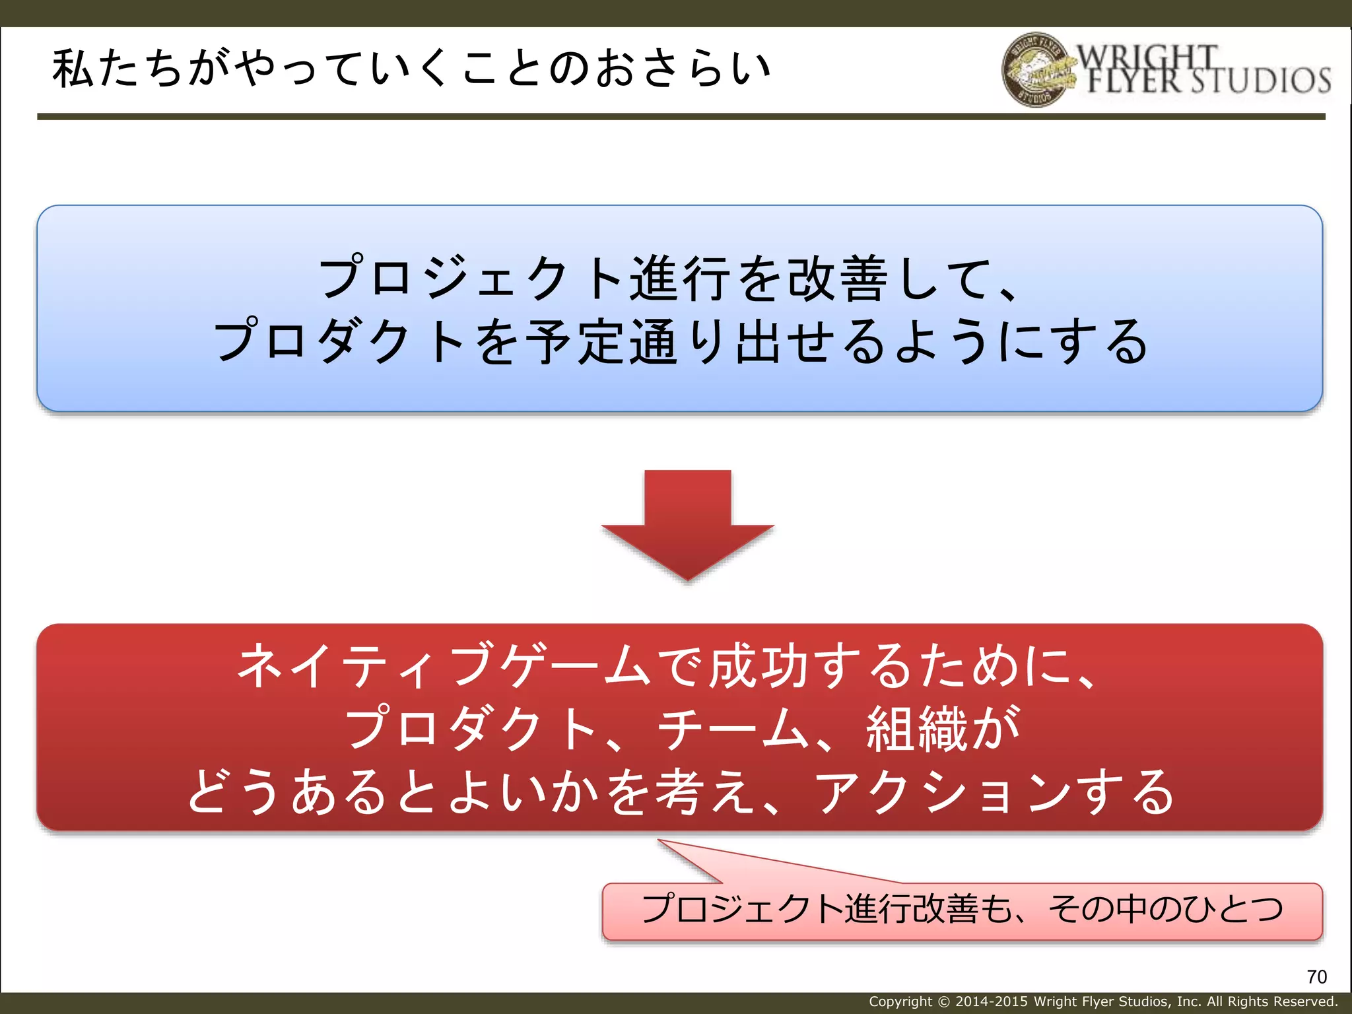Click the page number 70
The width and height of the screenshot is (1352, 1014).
click(x=1316, y=976)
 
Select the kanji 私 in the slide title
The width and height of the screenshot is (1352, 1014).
click(x=73, y=69)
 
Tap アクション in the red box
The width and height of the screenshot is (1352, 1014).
click(x=944, y=792)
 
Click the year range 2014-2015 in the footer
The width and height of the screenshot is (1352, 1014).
click(x=991, y=1001)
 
